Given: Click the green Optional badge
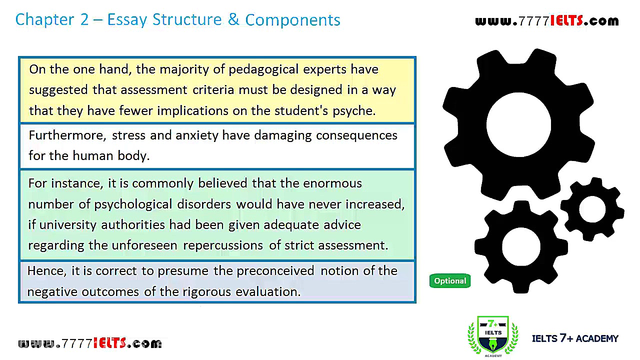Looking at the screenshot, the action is [x=449, y=281].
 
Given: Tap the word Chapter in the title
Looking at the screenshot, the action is [x=44, y=20].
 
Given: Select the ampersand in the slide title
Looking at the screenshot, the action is [x=233, y=19].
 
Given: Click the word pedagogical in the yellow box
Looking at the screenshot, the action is [x=263, y=69].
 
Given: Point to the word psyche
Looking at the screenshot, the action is [x=354, y=111].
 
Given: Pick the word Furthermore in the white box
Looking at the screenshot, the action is [x=67, y=135].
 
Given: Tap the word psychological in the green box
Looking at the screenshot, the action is [x=133, y=204].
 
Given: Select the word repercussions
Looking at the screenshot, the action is [x=223, y=245].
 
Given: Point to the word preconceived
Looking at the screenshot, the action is [x=275, y=271].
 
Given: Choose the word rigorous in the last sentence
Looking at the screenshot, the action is [x=206, y=292].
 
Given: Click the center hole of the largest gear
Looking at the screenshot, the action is [x=519, y=124].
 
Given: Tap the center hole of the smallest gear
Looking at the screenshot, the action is [x=592, y=209].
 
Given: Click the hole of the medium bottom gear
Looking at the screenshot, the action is [x=521, y=246].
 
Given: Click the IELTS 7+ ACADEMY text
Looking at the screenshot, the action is [x=575, y=338].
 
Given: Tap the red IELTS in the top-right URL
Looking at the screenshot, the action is [x=567, y=20].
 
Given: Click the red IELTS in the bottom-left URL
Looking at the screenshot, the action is [x=110, y=343].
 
